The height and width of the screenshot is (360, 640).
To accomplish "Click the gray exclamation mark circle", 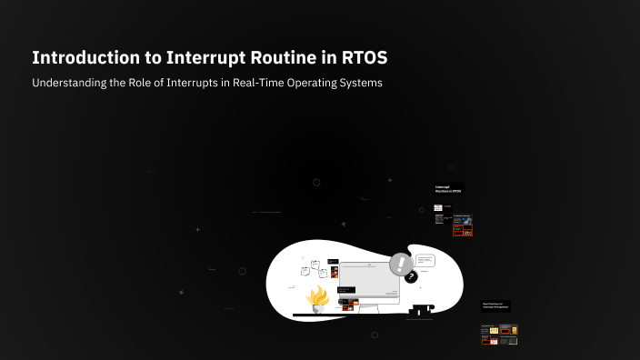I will [401, 265].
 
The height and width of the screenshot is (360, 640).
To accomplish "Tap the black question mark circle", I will [411, 276].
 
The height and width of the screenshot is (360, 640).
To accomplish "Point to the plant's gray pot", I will [319, 309].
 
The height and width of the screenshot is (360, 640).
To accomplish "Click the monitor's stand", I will [366, 310].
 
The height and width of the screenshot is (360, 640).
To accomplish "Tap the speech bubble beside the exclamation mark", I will [425, 260].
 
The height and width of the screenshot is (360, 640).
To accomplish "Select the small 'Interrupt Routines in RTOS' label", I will [448, 189].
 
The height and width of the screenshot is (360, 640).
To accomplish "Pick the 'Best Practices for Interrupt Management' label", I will [495, 306].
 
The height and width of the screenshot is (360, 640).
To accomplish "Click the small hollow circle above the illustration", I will [316, 182].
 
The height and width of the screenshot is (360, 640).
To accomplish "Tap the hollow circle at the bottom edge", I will [375, 335].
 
